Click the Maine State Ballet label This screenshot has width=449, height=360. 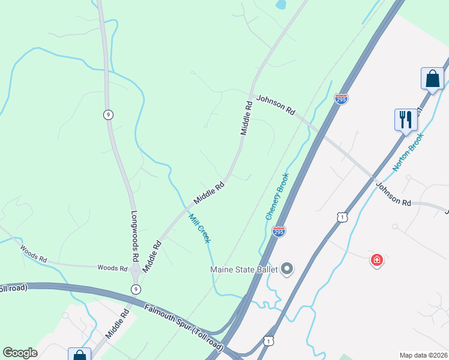pyautogui.click(x=243, y=269)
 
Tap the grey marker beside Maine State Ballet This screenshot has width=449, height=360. pyautogui.click(x=287, y=268)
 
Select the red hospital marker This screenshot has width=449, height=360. pyautogui.click(x=376, y=260)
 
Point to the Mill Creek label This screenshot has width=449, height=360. pyautogui.click(x=200, y=228)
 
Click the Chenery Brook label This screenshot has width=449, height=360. pyautogui.click(x=278, y=196)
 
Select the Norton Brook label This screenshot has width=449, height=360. pyautogui.click(x=408, y=152)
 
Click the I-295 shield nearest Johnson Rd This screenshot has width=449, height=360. pyautogui.click(x=341, y=99)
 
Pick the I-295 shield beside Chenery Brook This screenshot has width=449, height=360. pyautogui.click(x=279, y=231)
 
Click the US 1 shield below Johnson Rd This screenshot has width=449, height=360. pyautogui.click(x=341, y=216)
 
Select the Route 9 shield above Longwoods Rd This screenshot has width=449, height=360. pyautogui.click(x=108, y=115)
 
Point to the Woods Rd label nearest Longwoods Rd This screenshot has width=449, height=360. pyautogui.click(x=112, y=268)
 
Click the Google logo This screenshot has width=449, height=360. pyautogui.click(x=20, y=353)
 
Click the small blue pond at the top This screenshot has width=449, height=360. pyautogui.click(x=280, y=5)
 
